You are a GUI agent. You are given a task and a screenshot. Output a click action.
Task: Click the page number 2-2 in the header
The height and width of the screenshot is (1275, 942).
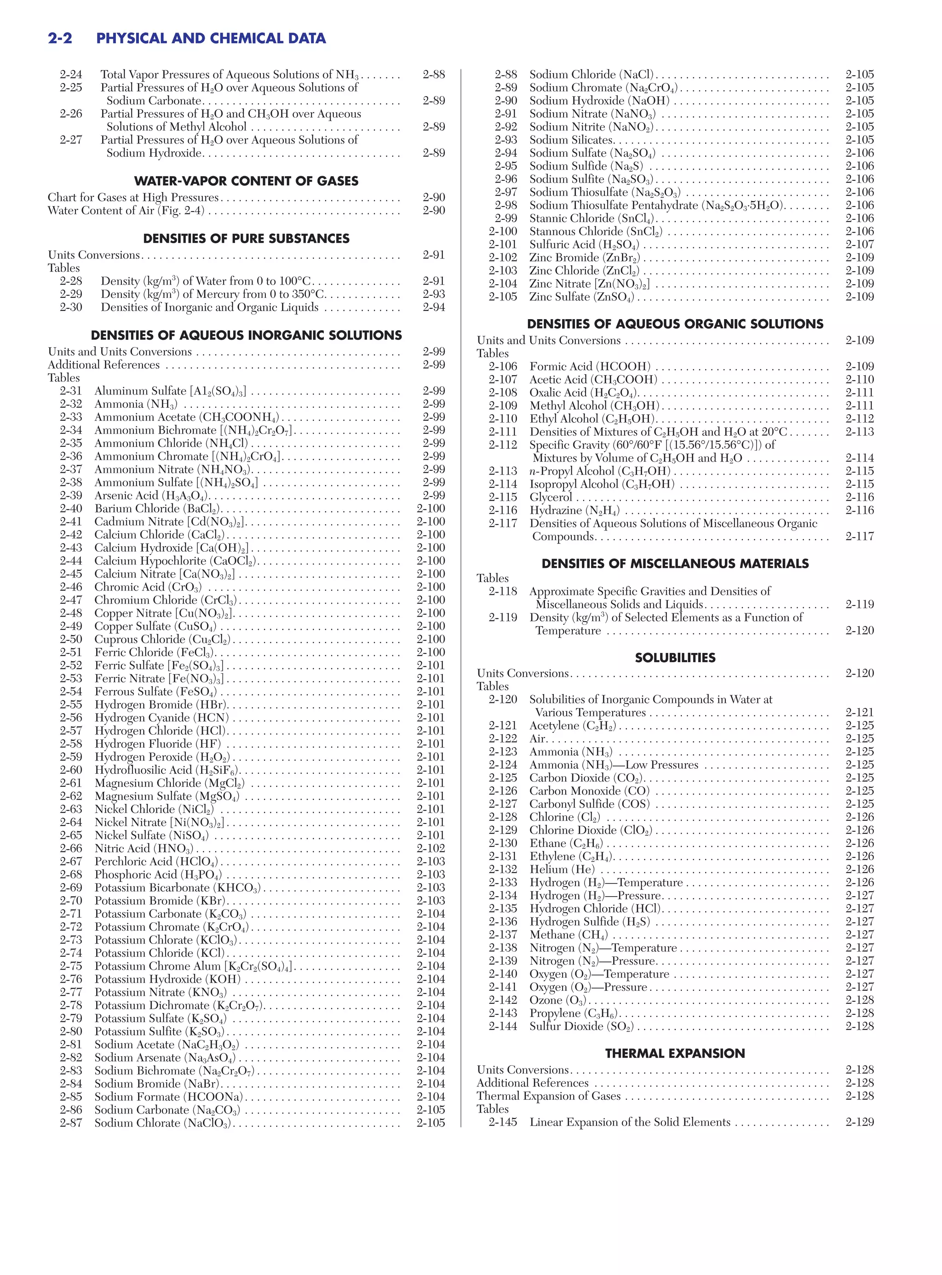60,38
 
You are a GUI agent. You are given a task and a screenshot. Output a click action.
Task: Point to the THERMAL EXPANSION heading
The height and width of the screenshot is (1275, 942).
675,1053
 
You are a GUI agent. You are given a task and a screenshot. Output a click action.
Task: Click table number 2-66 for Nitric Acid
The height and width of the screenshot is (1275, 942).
71,848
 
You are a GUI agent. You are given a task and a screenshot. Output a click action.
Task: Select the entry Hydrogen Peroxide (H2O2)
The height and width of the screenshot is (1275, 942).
162,757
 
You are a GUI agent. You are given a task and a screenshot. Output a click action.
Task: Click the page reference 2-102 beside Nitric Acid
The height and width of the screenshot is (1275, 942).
431,848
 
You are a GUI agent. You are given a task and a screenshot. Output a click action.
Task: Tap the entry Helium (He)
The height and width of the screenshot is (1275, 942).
562,869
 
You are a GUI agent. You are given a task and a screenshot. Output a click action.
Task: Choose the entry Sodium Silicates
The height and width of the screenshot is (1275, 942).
571,140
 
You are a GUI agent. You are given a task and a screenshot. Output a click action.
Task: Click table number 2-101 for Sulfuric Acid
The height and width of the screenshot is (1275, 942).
502,245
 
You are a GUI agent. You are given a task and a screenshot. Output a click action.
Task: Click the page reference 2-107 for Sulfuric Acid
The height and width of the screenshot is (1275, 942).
859,245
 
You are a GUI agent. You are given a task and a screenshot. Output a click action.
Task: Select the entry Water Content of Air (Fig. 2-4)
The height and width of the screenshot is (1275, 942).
126,210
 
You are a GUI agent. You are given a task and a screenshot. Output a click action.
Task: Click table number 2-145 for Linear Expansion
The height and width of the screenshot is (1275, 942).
502,1122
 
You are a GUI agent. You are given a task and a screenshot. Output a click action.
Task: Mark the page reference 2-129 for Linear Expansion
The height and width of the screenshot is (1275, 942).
859,1122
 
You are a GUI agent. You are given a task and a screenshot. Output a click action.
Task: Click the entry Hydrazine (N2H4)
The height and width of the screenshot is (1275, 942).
574,510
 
